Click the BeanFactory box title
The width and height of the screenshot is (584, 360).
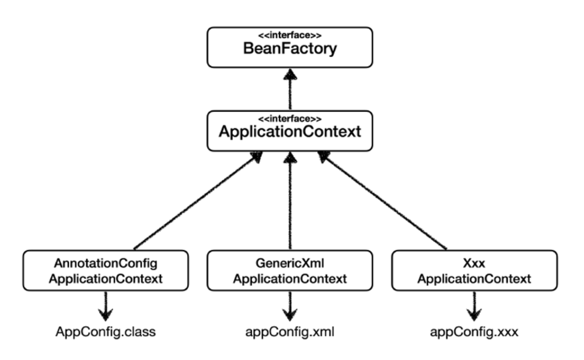pos(290,49)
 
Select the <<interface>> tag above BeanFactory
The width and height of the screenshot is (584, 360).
pos(290,35)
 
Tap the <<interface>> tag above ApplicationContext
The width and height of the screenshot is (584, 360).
pos(290,119)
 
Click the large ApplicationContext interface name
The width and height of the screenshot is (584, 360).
pos(290,131)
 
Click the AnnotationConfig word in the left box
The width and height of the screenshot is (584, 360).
pos(106,263)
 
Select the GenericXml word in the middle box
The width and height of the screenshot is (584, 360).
pos(290,263)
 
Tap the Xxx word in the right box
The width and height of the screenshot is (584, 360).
pos(474,263)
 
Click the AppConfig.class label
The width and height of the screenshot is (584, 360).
pos(106,332)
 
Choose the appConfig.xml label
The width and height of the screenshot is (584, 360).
pos(290,332)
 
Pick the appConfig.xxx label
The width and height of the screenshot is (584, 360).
pos(474,332)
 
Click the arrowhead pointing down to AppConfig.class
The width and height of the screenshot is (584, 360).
pos(106,314)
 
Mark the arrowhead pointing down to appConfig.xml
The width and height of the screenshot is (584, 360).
pos(290,314)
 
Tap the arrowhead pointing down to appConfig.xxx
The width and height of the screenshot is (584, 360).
pos(474,314)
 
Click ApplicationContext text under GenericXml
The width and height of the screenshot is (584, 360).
pos(290,279)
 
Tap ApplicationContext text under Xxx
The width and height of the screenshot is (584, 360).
pos(474,279)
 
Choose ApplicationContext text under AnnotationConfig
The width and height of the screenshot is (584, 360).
pos(106,279)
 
